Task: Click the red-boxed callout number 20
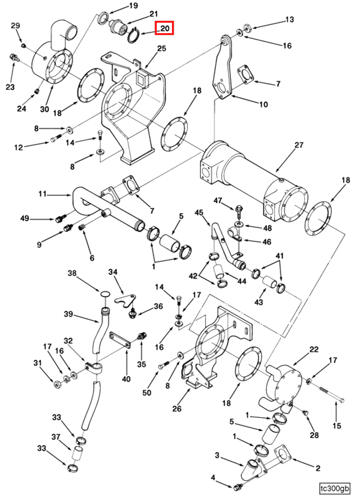coord(164,28)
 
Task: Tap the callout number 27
coord(299,145)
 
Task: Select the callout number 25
coord(162,48)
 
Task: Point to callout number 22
coord(314,349)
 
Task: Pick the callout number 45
coord(199,212)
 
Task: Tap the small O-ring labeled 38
coord(105,293)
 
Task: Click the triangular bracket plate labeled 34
coord(126,300)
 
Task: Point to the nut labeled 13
coord(248,27)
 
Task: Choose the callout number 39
coord(68,314)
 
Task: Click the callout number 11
coord(42,194)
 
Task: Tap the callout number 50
coord(147,392)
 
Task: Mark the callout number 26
coord(177,408)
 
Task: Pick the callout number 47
coord(217,200)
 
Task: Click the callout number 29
coord(16,26)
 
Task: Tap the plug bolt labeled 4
coord(237,486)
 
